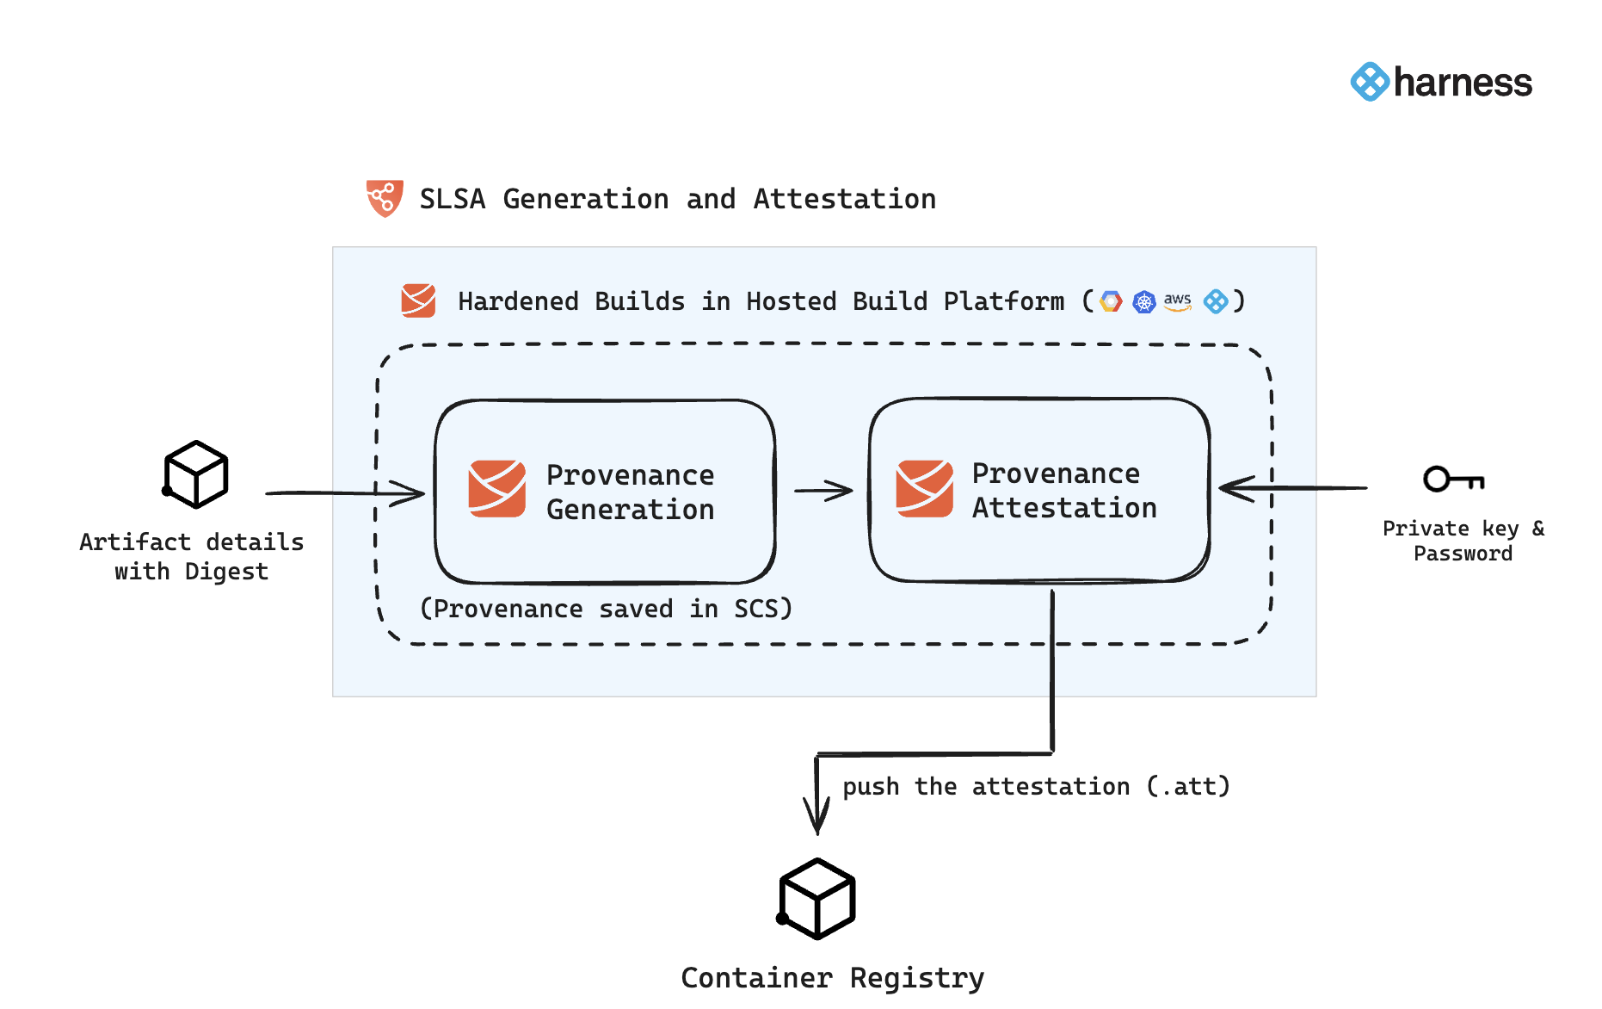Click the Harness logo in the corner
pos(1441,83)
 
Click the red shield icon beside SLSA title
pos(385,198)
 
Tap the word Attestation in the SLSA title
pos(844,199)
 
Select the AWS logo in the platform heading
pos(1177,301)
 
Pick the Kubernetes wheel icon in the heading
pos(1143,302)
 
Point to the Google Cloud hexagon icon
pos(1111,301)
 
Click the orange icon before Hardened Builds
pos(418,300)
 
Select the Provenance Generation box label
pos(630,492)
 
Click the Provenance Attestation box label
pos(1063,490)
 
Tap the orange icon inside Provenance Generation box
pos(496,488)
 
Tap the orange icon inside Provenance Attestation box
pos(924,488)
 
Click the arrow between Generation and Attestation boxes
pos(823,491)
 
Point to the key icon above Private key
pos(1453,479)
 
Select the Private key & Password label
pos(1463,541)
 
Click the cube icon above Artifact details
pos(196,474)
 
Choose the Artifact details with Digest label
pos(192,556)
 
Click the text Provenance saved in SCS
pos(606,609)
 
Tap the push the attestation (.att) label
pos(1036,786)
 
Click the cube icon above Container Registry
pos(816,898)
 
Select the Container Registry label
pos(832,978)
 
